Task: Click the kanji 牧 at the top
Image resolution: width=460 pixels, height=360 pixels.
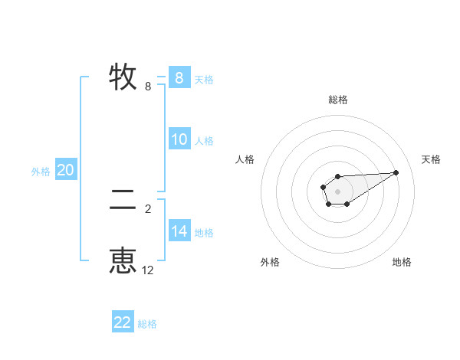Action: [123, 77]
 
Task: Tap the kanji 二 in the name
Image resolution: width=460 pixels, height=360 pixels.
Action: [123, 201]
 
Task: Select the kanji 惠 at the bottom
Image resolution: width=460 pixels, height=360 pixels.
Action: [123, 260]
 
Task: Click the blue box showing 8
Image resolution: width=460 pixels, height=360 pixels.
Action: [179, 77]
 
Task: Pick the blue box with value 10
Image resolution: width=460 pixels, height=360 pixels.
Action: [179, 139]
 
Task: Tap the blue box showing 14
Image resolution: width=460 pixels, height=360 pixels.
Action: [179, 231]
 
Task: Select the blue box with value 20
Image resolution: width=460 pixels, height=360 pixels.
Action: [65, 170]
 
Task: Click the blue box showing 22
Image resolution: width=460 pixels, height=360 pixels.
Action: [123, 322]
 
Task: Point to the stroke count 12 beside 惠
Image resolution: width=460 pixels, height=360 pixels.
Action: [148, 270]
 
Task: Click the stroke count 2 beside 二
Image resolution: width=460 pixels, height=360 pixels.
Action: [148, 208]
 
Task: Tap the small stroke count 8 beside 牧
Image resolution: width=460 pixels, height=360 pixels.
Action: [148, 87]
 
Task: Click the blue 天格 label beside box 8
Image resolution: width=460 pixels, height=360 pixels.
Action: [204, 79]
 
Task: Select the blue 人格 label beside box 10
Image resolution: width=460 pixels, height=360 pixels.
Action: [204, 141]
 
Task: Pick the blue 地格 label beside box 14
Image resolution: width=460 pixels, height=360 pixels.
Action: [204, 233]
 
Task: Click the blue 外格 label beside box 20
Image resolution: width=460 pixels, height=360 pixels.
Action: [41, 172]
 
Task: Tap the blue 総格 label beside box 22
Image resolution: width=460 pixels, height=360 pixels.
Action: [147, 324]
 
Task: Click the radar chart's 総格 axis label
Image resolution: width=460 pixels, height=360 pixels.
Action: [337, 100]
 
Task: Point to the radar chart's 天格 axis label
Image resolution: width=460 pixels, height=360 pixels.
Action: [432, 159]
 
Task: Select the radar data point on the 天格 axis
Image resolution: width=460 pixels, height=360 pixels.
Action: [396, 172]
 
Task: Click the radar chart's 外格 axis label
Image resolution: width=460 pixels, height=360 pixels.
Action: [270, 262]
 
